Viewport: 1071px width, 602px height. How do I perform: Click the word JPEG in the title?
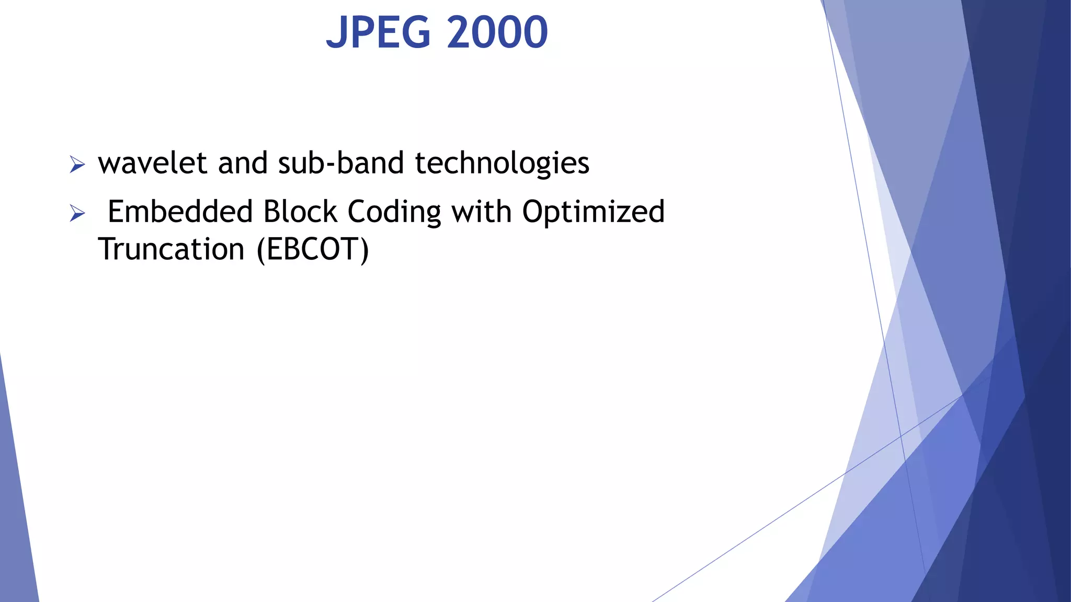point(378,32)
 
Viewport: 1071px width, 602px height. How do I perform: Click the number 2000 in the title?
point(497,32)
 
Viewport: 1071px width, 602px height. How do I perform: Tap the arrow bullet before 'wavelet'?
point(77,165)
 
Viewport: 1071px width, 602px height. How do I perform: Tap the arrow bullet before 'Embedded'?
point(77,213)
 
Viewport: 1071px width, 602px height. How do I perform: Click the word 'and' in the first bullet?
point(243,163)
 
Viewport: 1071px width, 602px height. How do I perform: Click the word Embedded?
point(180,212)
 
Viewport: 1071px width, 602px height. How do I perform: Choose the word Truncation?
point(172,249)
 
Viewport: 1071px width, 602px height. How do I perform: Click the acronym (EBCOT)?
point(313,250)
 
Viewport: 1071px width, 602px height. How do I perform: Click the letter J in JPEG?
point(337,33)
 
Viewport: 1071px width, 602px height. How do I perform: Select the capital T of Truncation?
point(108,249)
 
